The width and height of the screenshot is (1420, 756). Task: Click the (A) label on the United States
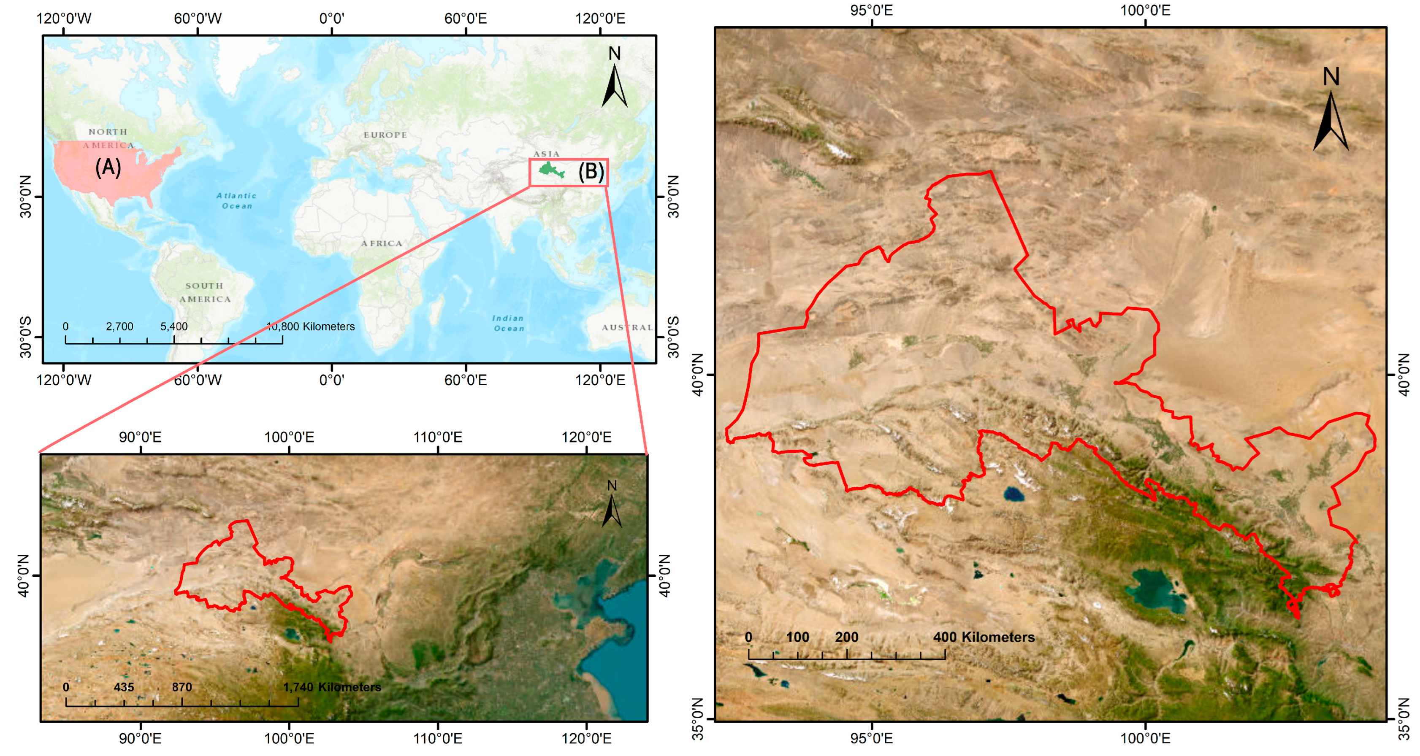108,167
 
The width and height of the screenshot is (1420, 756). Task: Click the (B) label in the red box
591,172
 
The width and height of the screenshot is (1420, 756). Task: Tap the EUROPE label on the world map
385,135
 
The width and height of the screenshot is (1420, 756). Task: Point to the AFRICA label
382,243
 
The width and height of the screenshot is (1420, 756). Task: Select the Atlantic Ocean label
236,200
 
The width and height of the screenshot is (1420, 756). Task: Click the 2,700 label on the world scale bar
119,326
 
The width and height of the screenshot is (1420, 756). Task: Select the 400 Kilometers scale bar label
984,637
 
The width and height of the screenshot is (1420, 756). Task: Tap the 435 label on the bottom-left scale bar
124,687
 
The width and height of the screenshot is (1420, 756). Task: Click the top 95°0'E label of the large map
872,10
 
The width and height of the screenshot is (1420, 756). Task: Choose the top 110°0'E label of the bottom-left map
438,437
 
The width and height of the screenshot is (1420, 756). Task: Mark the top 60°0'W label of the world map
198,18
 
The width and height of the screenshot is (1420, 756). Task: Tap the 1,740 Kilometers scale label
332,687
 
